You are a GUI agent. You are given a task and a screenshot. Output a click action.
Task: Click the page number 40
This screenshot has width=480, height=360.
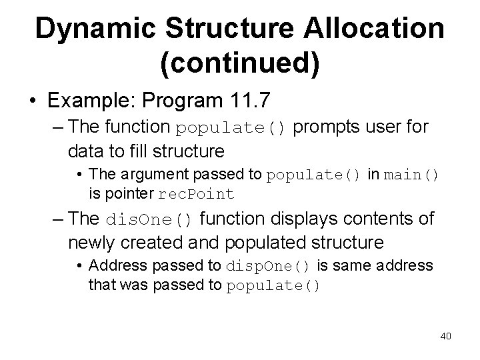(445, 335)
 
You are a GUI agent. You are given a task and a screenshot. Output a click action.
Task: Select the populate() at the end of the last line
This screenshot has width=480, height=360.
(274, 285)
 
